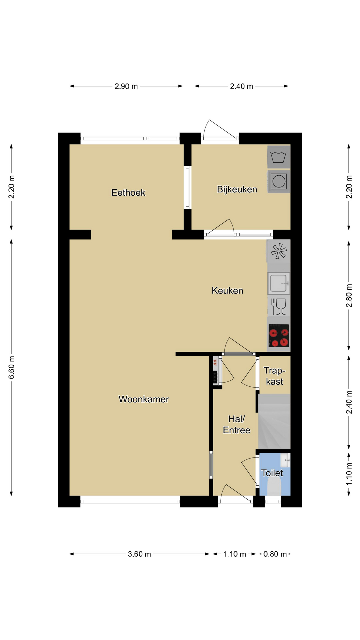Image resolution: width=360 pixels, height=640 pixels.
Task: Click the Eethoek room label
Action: pyautogui.click(x=128, y=193)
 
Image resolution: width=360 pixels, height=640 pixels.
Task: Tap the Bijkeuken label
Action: pyautogui.click(x=237, y=189)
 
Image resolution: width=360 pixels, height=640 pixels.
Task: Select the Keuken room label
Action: pyautogui.click(x=227, y=291)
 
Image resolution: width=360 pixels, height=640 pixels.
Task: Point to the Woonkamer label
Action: pyautogui.click(x=144, y=399)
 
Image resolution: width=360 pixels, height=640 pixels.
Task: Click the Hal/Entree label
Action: pyautogui.click(x=236, y=424)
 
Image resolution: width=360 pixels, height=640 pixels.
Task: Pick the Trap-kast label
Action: pyautogui.click(x=274, y=376)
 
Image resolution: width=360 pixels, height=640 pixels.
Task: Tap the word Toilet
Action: pyautogui.click(x=272, y=473)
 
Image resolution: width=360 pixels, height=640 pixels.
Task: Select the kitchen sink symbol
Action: pyautogui.click(x=279, y=283)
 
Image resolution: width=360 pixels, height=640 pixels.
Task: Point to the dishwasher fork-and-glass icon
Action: pyautogui.click(x=279, y=307)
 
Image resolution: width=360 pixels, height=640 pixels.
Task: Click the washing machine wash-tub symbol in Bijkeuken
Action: pyautogui.click(x=279, y=157)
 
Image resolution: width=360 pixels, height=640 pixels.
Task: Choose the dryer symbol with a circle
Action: pyautogui.click(x=279, y=182)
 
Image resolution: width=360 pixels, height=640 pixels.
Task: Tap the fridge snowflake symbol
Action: pyautogui.click(x=279, y=251)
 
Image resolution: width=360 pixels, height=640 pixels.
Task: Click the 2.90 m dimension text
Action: pyautogui.click(x=126, y=86)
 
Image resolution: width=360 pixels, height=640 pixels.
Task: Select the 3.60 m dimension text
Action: pyautogui.click(x=139, y=554)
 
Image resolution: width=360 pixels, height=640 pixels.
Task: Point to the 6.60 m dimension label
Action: pyautogui.click(x=12, y=367)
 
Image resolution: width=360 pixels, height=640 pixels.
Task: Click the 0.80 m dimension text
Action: pyautogui.click(x=275, y=554)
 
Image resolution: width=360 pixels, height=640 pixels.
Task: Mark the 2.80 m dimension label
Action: pyautogui.click(x=349, y=296)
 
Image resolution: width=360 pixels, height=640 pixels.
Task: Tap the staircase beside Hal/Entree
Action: pyautogui.click(x=274, y=422)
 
